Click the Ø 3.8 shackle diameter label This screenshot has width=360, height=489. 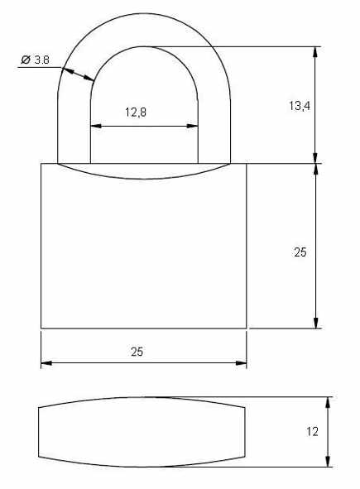35,60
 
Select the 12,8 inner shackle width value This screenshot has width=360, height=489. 136,112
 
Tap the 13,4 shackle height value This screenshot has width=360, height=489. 299,106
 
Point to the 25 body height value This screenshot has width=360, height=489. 300,252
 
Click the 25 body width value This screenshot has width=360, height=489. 137,352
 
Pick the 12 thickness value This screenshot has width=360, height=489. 312,432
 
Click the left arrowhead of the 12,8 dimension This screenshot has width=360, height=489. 96,126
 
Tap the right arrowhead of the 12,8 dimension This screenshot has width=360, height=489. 193,126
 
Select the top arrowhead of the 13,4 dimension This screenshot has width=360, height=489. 315,52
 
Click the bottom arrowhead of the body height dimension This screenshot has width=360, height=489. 316,323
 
